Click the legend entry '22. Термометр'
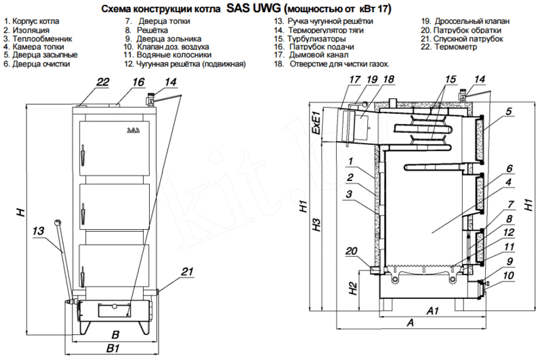click(452, 48)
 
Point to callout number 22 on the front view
click(102, 82)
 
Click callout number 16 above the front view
click(138, 82)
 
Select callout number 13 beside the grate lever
click(38, 231)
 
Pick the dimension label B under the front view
click(115, 334)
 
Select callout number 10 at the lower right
click(509, 275)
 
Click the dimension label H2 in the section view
click(352, 287)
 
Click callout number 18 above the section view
click(388, 80)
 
